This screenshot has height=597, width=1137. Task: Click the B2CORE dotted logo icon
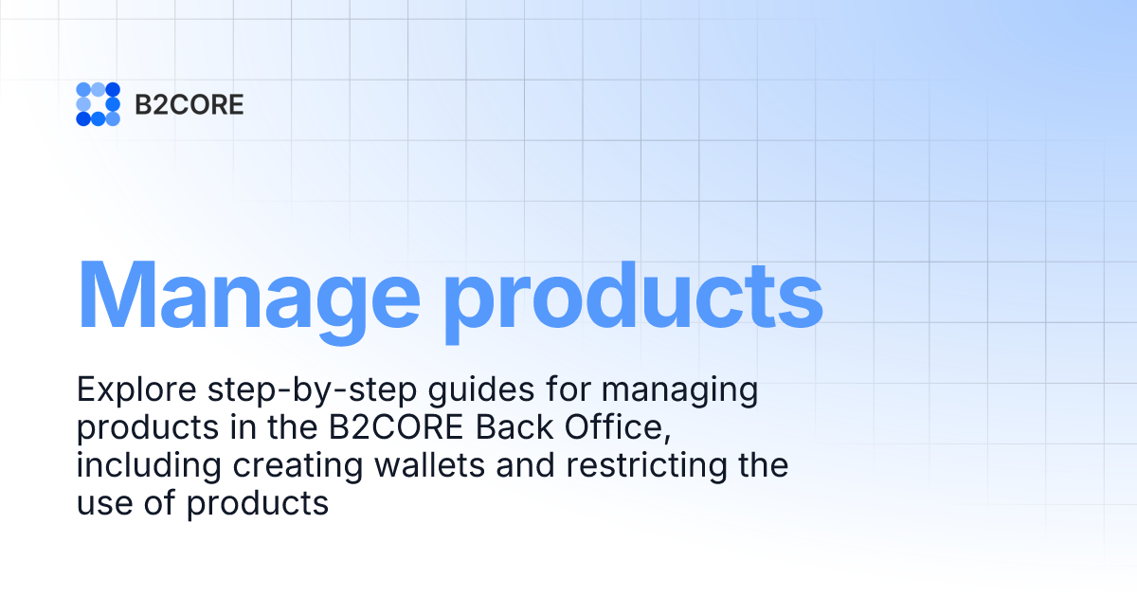(98, 104)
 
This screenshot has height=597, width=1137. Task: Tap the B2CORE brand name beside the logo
(189, 104)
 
